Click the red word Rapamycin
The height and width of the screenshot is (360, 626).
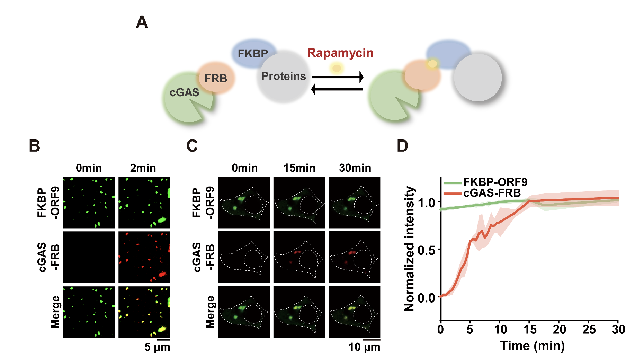pyautogui.click(x=340, y=53)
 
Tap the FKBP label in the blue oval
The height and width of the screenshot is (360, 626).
pyautogui.click(x=253, y=54)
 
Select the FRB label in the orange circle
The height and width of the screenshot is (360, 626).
pyautogui.click(x=215, y=79)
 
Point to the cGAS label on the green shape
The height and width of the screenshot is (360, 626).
pyautogui.click(x=184, y=92)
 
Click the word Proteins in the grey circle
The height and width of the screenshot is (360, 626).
pyautogui.click(x=284, y=76)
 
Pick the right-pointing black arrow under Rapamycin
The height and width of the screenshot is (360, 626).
pyautogui.click(x=338, y=77)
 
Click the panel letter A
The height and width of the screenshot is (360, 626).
pyautogui.click(x=142, y=22)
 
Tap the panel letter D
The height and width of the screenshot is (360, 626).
pyautogui.click(x=402, y=146)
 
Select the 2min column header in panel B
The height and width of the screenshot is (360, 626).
pyautogui.click(x=143, y=168)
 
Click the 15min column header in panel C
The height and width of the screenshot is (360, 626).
pyautogui.click(x=299, y=168)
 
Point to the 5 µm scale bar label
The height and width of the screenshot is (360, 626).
pyautogui.click(x=157, y=347)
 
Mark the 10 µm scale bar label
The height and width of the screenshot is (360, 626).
pyautogui.click(x=364, y=347)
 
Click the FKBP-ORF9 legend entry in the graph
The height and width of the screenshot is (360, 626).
pyautogui.click(x=495, y=182)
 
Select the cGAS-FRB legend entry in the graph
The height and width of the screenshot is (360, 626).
pyautogui.click(x=492, y=193)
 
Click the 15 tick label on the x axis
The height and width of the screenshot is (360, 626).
pyautogui.click(x=530, y=330)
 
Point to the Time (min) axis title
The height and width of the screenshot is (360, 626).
pyautogui.click(x=532, y=345)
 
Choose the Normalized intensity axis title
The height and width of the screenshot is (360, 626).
pyautogui.click(x=410, y=249)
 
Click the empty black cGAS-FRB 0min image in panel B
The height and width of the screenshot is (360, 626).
pyautogui.click(x=89, y=257)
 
